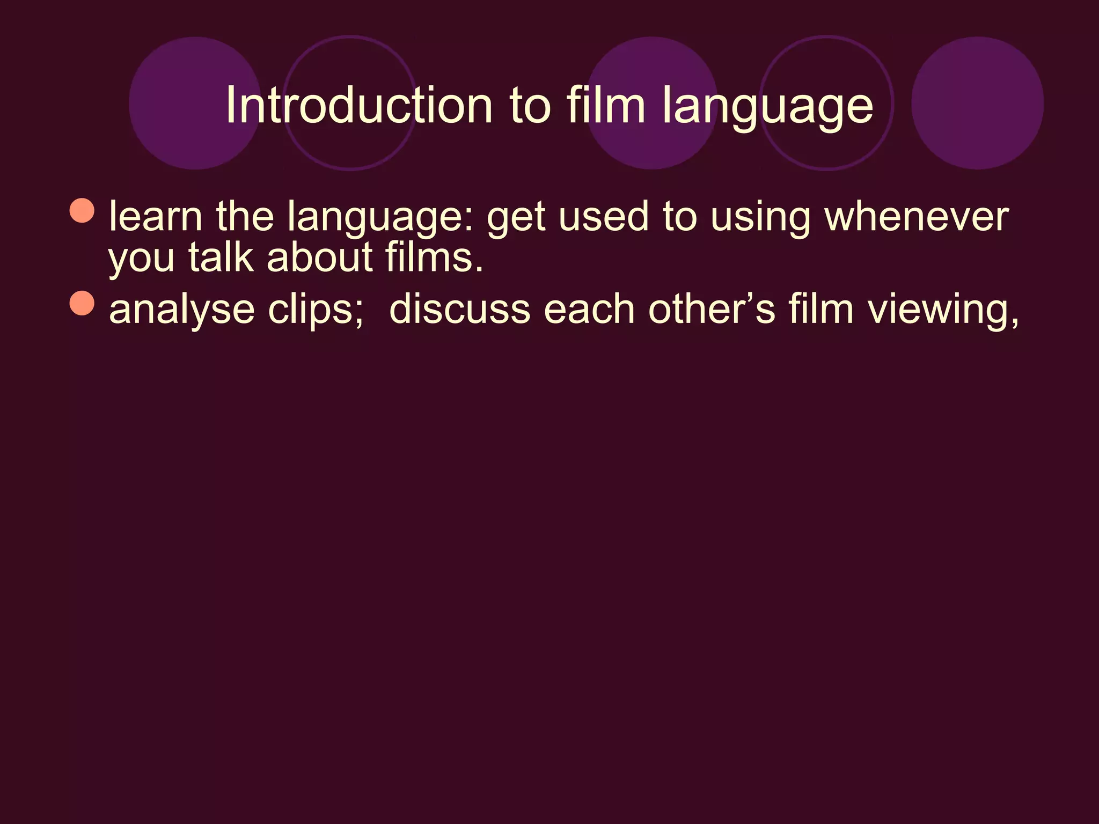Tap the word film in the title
[x=606, y=105]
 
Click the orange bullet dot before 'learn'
[x=82, y=210]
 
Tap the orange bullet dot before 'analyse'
[x=82, y=304]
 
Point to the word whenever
[x=917, y=216]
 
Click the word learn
[x=156, y=216]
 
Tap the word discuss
[x=459, y=310]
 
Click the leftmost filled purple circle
[x=195, y=103]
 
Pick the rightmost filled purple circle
[x=977, y=103]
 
